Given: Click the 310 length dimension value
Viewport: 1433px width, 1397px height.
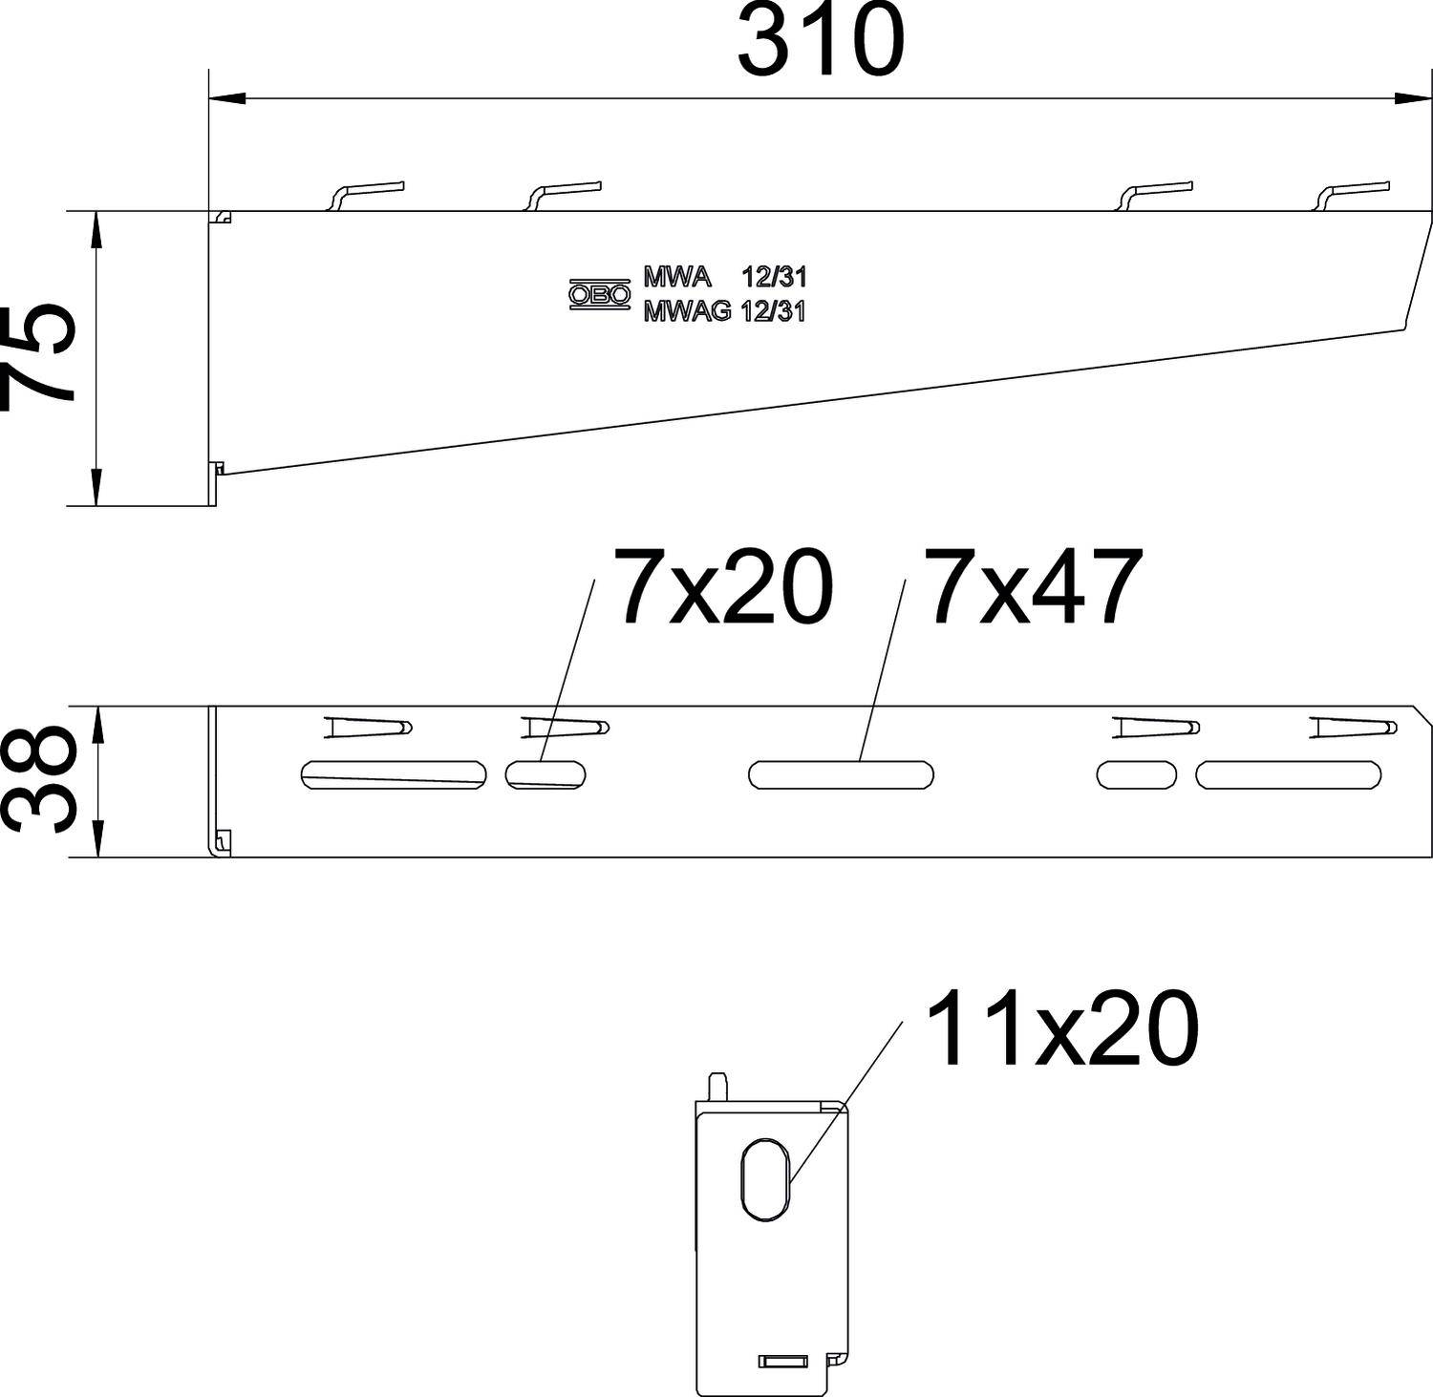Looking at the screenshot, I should pos(821,43).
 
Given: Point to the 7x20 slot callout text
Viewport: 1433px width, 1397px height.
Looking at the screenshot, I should pos(726,588).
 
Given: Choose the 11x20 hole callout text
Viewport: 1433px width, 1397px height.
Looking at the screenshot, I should pos(1061,1028).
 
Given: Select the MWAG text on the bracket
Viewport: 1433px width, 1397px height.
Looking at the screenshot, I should pos(687,311).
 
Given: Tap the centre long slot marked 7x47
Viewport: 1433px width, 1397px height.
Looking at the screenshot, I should pos(841,774).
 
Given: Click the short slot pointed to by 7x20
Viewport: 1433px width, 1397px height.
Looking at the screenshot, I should pos(546,773).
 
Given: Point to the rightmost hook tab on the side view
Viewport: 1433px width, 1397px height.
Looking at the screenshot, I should pos(1352,193).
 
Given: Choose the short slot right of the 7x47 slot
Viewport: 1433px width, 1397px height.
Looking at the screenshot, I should pos(1137,774).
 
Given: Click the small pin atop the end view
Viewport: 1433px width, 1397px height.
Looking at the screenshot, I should pos(716,1086).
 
